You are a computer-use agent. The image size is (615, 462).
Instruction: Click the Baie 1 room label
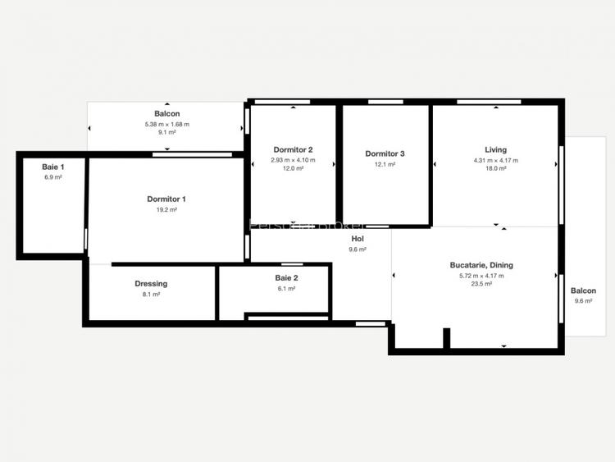52,167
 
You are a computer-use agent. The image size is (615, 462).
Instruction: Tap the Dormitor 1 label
166,199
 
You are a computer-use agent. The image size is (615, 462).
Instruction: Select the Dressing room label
151,284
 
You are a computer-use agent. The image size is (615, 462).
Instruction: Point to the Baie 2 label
287,278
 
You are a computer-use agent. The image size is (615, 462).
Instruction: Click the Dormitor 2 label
293,149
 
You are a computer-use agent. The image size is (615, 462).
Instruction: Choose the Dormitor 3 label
385,153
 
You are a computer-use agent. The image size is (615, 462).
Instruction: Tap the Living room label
495,149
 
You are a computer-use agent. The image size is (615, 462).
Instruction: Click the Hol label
358,238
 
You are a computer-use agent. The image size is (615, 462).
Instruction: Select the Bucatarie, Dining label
481,265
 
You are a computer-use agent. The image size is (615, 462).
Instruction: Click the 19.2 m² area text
166,210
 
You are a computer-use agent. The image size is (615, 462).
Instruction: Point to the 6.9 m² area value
52,177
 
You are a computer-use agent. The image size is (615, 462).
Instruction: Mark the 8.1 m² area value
151,295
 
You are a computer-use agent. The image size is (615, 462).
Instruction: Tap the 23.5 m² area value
481,284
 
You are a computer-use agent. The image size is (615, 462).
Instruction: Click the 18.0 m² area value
495,168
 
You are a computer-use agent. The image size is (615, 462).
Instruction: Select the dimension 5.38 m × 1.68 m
166,124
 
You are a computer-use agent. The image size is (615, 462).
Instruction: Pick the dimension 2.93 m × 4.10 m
293,160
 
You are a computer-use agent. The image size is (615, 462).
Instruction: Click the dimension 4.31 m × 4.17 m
495,160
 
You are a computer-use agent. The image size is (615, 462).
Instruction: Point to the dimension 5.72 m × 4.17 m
481,276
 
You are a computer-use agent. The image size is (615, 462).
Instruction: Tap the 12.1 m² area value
385,164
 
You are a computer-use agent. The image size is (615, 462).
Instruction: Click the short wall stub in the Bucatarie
447,338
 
